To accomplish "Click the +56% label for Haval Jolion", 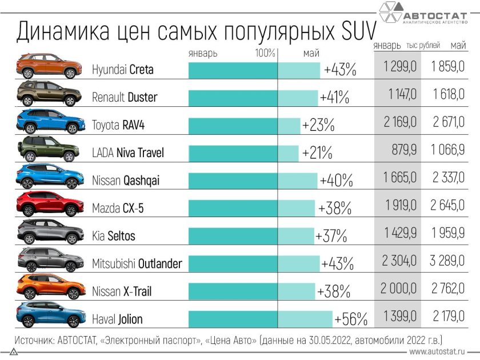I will [x=351, y=318].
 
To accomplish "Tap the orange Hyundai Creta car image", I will [x=48, y=66].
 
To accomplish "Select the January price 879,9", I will [x=400, y=153].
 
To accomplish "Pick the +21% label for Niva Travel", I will [x=315, y=153].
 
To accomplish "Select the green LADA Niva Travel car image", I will [x=48, y=150].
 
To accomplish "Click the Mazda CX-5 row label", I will [x=118, y=208].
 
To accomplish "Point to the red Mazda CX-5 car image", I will [x=48, y=205].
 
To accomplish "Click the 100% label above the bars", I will [x=266, y=53].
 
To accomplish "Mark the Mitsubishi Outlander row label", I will [x=137, y=263].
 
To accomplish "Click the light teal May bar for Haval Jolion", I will [x=305, y=318].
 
